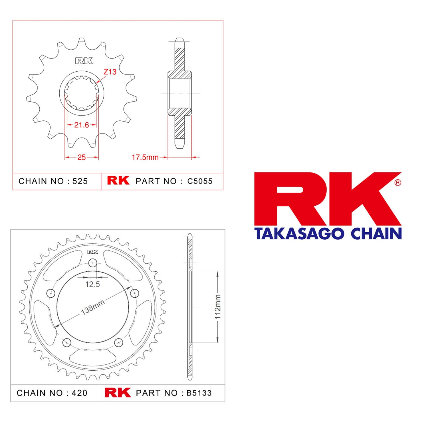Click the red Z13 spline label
[x=110, y=72]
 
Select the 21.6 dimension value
[x=82, y=125]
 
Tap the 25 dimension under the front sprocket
[x=82, y=157]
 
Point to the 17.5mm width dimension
[x=145, y=157]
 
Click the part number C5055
[x=200, y=181]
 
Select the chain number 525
[x=80, y=181]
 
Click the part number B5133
[x=199, y=393]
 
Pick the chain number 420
[x=79, y=393]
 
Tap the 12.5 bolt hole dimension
[x=93, y=284]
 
